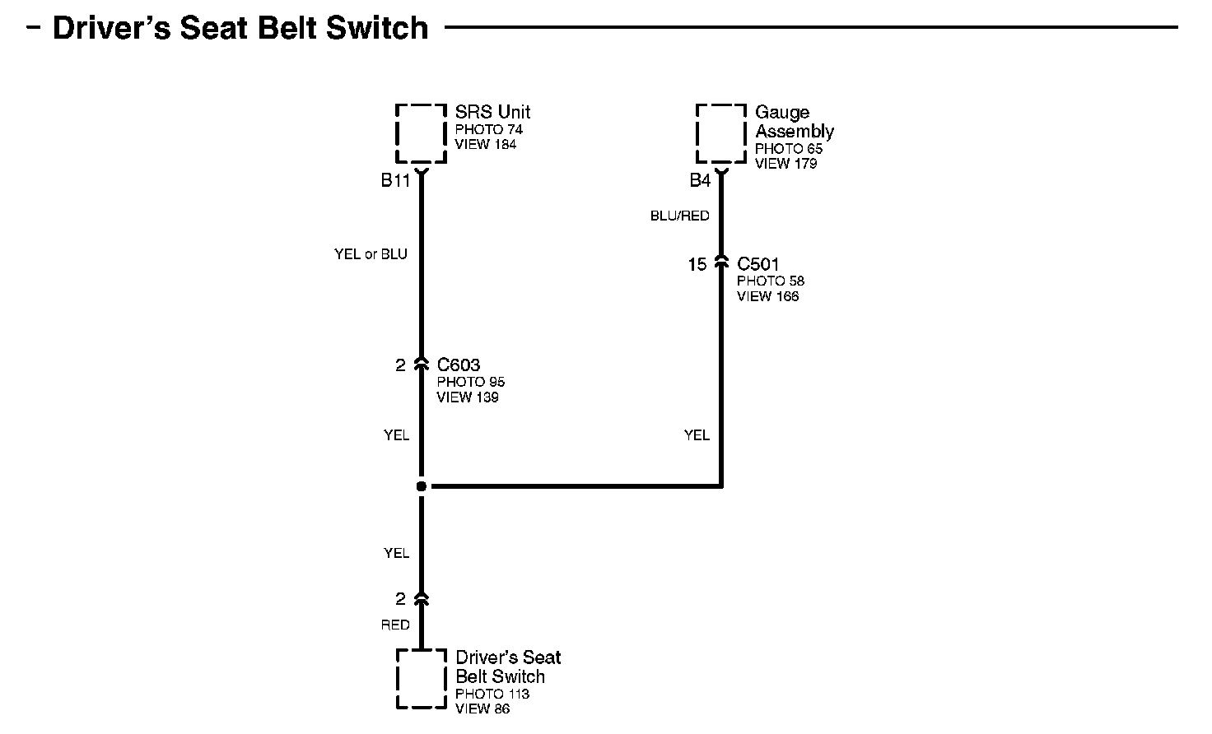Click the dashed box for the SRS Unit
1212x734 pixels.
pos(421,133)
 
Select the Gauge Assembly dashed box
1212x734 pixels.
pos(721,133)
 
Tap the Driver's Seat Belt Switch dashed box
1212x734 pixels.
pos(422,678)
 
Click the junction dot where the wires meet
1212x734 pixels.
pos(422,486)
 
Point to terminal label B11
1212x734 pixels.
pos(395,181)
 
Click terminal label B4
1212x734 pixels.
pos(700,181)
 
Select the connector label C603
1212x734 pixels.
pos(459,365)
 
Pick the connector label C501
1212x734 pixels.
pos(758,264)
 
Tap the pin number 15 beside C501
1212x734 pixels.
pos(697,264)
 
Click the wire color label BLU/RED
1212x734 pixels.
pos(679,216)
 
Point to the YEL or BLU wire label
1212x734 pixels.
pos(371,254)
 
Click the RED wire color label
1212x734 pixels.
pos(395,625)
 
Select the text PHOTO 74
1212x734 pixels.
pos(488,129)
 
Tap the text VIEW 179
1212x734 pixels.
pos(785,164)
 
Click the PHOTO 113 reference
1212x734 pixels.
pos(492,694)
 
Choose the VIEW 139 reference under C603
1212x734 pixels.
pos(467,397)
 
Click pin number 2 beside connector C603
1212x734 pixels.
pos(400,365)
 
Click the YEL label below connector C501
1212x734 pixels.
pos(697,434)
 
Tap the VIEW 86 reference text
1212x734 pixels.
pos(482,708)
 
